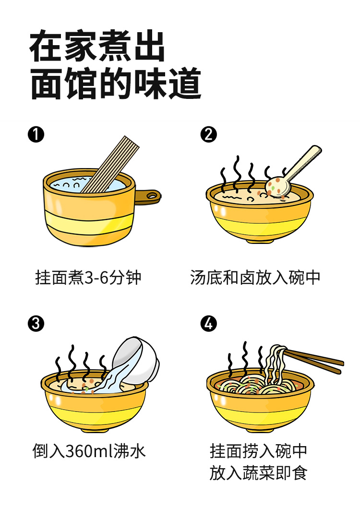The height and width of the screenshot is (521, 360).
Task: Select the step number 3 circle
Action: point(36,324)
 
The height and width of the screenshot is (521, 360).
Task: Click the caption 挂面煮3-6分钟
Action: point(88,278)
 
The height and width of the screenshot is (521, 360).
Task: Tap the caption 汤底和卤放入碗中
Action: point(255,278)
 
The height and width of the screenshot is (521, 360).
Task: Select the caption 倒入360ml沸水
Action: point(89,451)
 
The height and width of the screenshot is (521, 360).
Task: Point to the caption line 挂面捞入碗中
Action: point(258,451)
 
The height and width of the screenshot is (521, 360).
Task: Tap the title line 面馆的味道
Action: point(115,85)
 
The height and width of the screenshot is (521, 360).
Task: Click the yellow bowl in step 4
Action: point(259,408)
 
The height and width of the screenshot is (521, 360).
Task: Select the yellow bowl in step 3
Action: point(94,408)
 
